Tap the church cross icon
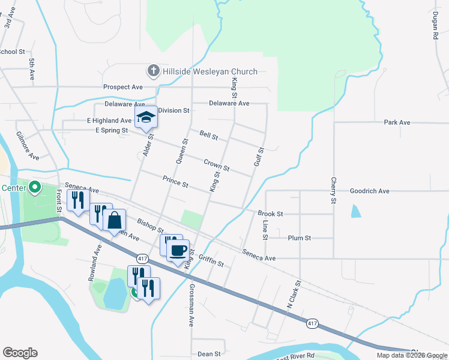[x=153, y=71]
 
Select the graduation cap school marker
[x=145, y=117]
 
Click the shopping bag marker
[x=114, y=220]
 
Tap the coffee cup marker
[x=177, y=250]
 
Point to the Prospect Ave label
[x=122, y=87]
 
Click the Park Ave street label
[x=397, y=122]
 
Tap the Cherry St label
[x=333, y=190]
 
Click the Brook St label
[x=270, y=214]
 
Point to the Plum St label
[x=299, y=238]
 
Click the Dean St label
[x=209, y=354]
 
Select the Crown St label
[x=216, y=164]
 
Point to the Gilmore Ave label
[x=28, y=145]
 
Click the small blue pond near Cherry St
[x=356, y=211]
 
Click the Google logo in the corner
[x=20, y=353]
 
